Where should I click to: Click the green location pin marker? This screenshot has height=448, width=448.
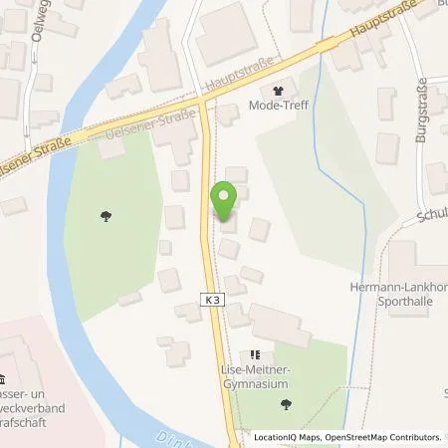[225, 202]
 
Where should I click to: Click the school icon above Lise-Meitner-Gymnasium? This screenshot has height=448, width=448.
[255, 354]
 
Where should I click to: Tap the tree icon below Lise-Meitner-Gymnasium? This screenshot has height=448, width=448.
[287, 403]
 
